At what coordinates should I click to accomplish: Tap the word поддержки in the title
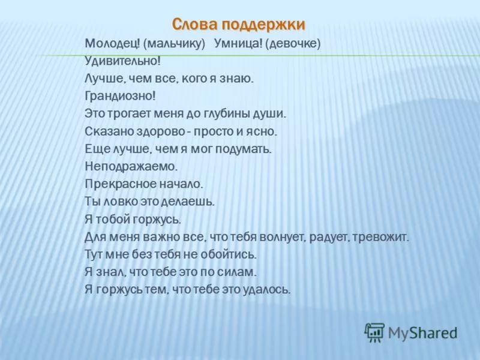tap(263, 25)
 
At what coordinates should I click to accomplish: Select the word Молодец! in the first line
tap(112, 43)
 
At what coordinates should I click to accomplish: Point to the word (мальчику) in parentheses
tap(174, 44)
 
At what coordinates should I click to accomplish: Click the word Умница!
tap(238, 43)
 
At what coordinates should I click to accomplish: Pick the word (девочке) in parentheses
tap(293, 44)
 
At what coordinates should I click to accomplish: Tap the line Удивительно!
tap(122, 61)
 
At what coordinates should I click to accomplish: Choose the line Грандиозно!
tap(121, 97)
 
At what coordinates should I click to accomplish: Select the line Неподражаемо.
tap(131, 167)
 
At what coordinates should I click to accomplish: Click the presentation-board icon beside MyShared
tap(374, 332)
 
